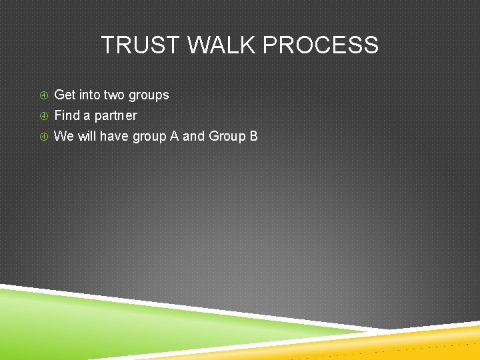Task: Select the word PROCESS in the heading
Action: (321, 45)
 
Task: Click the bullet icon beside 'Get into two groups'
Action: (43, 95)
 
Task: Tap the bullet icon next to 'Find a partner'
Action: (43, 116)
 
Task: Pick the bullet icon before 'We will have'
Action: (43, 137)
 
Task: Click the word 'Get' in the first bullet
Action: (65, 95)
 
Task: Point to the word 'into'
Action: (90, 95)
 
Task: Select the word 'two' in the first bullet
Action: (115, 95)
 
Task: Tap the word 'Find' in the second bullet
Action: (67, 115)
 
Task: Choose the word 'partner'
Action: (116, 116)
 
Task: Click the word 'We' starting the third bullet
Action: (63, 136)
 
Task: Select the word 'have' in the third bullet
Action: (114, 136)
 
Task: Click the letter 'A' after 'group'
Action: (174, 136)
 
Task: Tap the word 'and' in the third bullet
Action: (193, 136)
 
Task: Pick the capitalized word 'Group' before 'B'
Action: (227, 137)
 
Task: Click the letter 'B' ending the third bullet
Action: (253, 136)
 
